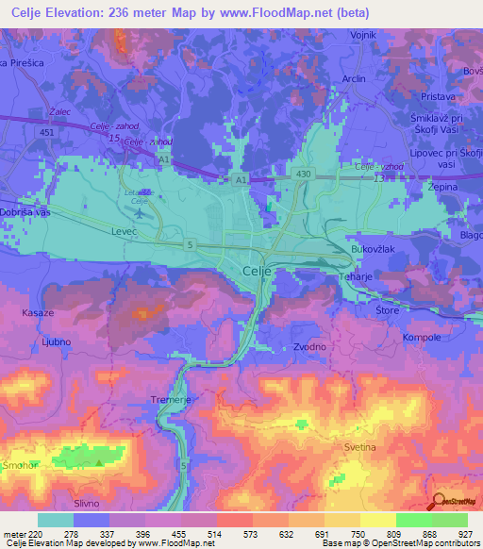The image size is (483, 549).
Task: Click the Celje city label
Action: pos(251,272)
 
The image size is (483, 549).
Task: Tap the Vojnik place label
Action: pos(364,35)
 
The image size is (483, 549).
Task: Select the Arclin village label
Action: pos(354,78)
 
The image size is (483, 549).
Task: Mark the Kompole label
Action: pos(422,337)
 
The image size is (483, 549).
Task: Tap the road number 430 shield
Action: pos(302,174)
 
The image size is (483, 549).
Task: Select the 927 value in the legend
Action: pos(465,534)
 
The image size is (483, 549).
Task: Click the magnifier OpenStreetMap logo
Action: pos(439,502)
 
